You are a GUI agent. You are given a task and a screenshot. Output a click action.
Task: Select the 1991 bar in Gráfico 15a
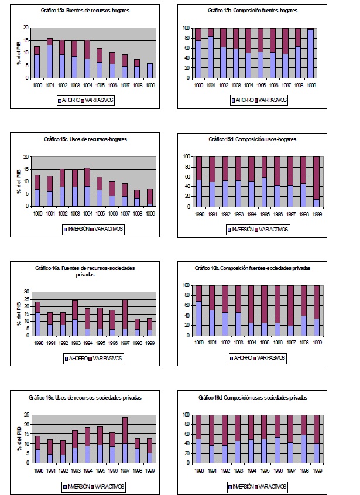pos(49,57)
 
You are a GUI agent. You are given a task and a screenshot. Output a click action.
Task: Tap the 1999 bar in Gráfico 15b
pos(310,53)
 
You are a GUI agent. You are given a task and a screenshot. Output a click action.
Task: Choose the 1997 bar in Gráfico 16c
pos(125,440)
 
